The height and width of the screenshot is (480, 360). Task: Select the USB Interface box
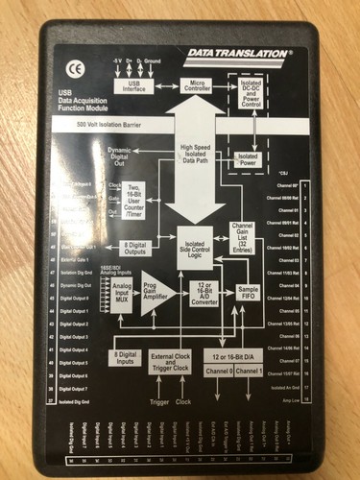coord(133,86)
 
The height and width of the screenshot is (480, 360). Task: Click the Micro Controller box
coord(197,86)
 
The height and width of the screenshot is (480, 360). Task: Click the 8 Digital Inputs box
coord(124,356)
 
